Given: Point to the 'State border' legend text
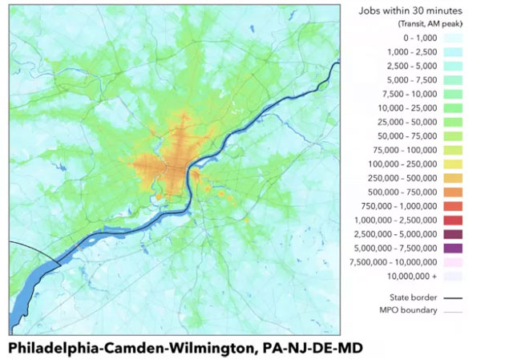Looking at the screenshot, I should click(x=411, y=297).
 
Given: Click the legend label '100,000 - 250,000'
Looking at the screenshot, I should click(x=403, y=163).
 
